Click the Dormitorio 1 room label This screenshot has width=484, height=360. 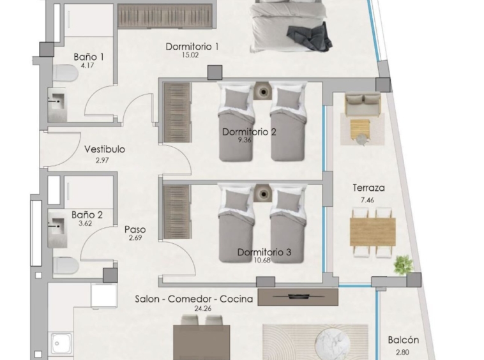(x=192, y=47)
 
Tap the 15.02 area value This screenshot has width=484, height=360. (x=190, y=56)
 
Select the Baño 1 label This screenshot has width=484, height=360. (x=89, y=57)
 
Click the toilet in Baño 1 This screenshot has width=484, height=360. (x=64, y=73)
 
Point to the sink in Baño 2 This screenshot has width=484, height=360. (x=57, y=228)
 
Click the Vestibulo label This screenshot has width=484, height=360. (x=105, y=149)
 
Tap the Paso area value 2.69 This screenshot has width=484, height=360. (x=135, y=237)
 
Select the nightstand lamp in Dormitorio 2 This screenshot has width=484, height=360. (x=263, y=91)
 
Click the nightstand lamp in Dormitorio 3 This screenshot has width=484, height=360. (x=263, y=194)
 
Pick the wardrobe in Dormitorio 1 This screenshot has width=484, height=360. (x=165, y=16)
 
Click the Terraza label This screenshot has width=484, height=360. (x=368, y=188)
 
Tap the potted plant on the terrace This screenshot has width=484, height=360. (x=403, y=264)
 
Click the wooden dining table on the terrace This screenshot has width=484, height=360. (x=372, y=232)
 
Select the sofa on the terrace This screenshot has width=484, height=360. (x=363, y=104)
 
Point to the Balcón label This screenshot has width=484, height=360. (x=404, y=340)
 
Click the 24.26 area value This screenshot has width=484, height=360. (x=203, y=308)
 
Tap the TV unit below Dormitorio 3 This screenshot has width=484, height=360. (x=298, y=297)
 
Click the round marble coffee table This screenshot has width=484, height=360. (x=333, y=343)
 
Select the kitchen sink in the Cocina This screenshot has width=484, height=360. (x=61, y=343)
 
